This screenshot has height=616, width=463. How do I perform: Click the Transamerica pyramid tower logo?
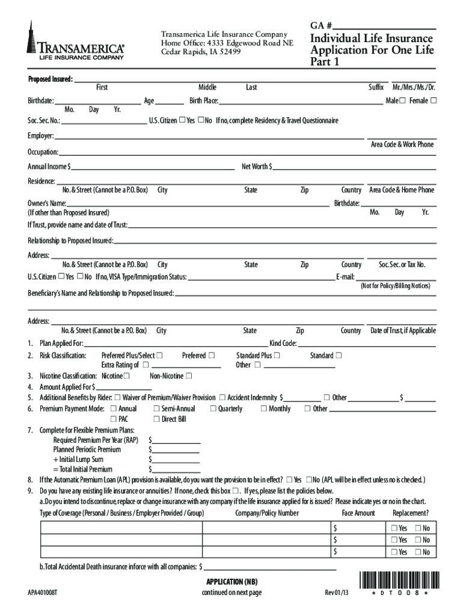[x=31, y=37]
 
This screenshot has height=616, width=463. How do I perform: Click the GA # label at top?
[x=322, y=26]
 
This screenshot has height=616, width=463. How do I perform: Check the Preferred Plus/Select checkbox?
[x=159, y=356]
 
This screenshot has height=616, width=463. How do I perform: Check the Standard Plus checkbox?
[x=277, y=356]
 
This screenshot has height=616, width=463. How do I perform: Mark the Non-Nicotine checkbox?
[x=189, y=376]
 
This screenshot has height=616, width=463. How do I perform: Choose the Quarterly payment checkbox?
[x=213, y=408]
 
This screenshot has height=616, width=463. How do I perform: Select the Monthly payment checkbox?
[x=263, y=408]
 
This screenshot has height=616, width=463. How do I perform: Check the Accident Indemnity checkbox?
[x=222, y=398]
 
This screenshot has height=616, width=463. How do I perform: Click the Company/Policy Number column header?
[x=267, y=513]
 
